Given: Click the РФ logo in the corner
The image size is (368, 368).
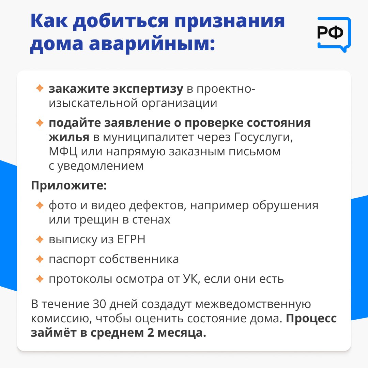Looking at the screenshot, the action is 334,34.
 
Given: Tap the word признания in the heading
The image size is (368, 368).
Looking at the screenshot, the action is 230,21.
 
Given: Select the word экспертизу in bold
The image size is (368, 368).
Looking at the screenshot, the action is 148,89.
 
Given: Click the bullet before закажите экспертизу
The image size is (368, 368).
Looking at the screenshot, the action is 40,88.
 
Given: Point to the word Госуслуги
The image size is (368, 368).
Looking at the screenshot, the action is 263,137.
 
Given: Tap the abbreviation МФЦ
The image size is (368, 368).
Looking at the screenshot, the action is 63,151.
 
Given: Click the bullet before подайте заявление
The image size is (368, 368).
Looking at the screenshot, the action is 40,123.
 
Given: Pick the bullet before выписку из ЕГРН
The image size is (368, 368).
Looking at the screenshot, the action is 40,240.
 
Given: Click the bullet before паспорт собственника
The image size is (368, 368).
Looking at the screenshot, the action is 40,259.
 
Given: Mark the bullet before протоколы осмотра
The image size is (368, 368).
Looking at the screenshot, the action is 40,279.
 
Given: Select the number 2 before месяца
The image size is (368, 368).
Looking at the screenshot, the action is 151,333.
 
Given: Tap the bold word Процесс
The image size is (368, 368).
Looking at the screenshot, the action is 311,319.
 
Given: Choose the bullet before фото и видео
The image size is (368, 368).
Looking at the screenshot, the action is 40,205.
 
